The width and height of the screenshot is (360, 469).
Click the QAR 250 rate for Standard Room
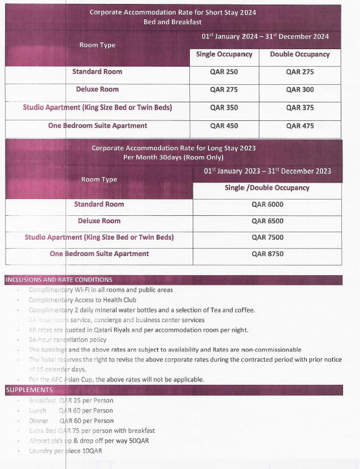[224, 72]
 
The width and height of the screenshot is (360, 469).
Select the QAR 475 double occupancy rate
[300, 126]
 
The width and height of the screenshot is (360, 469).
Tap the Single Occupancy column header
[224, 54]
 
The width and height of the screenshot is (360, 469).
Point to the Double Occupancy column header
[300, 54]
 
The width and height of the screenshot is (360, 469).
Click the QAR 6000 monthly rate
[267, 205]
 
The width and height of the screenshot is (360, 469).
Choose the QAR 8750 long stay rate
[267, 254]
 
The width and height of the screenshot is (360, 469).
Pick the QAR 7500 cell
[267, 237]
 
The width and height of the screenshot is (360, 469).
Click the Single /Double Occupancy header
[267, 188]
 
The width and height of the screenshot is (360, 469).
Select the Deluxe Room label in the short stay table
[97, 89]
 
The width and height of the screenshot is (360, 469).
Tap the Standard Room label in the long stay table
[99, 204]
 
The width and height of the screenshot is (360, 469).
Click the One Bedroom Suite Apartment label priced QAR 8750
[99, 254]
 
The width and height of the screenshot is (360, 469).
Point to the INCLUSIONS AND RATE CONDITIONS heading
[59, 280]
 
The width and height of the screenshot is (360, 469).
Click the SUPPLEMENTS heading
[29, 390]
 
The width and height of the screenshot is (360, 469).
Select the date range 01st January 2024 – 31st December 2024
[265, 37]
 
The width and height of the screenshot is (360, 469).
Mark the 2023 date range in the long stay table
[267, 171]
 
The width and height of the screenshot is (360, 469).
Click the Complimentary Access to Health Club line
[83, 300]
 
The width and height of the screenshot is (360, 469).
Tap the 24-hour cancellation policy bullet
[67, 340]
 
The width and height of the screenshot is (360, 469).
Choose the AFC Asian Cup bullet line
[116, 379]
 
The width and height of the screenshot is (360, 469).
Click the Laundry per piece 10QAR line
[66, 451]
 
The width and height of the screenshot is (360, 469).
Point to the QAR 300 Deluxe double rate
[300, 89]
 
